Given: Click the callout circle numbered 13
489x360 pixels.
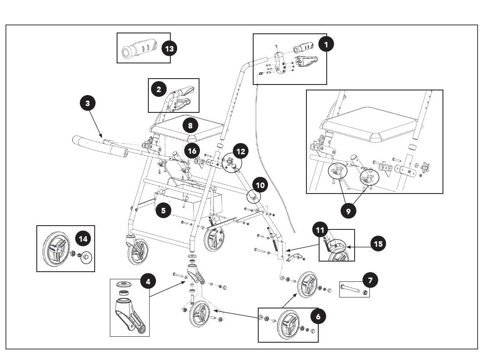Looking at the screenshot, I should pyautogui.click(x=169, y=49).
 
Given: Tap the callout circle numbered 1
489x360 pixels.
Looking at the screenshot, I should pyautogui.click(x=326, y=44).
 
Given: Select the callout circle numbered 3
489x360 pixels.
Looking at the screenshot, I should pyautogui.click(x=88, y=104).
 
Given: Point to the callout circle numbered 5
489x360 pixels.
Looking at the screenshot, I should pyautogui.click(x=163, y=210).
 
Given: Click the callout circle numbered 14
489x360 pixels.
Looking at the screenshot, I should pyautogui.click(x=83, y=239).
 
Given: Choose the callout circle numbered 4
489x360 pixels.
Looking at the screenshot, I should pyautogui.click(x=148, y=281).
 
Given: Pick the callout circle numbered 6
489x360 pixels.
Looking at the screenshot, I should pyautogui.click(x=318, y=316).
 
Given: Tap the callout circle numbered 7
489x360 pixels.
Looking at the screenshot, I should pyautogui.click(x=370, y=280).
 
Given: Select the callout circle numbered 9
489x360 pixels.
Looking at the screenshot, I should pyautogui.click(x=348, y=211).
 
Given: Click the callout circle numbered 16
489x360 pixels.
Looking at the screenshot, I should pyautogui.click(x=192, y=151).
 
